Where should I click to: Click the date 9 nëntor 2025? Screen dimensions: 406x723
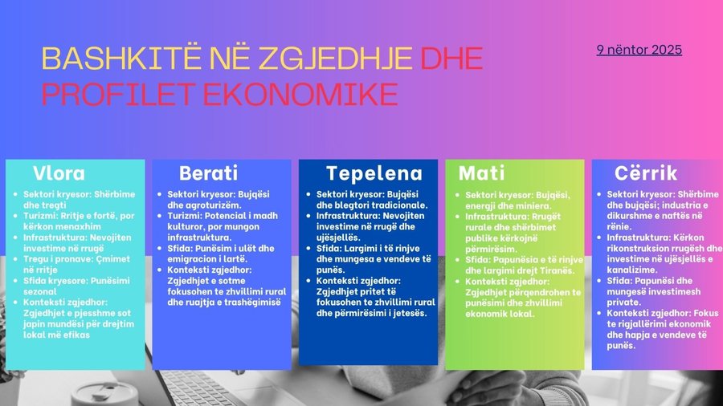tap(639, 50)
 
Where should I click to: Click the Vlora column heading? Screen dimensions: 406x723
tap(58, 173)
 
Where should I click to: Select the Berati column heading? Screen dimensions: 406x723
tap(208, 173)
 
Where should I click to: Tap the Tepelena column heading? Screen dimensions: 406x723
tap(374, 173)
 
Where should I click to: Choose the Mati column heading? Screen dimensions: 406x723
tap(481, 173)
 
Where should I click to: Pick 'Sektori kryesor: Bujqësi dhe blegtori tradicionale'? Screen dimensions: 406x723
tap(371, 200)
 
